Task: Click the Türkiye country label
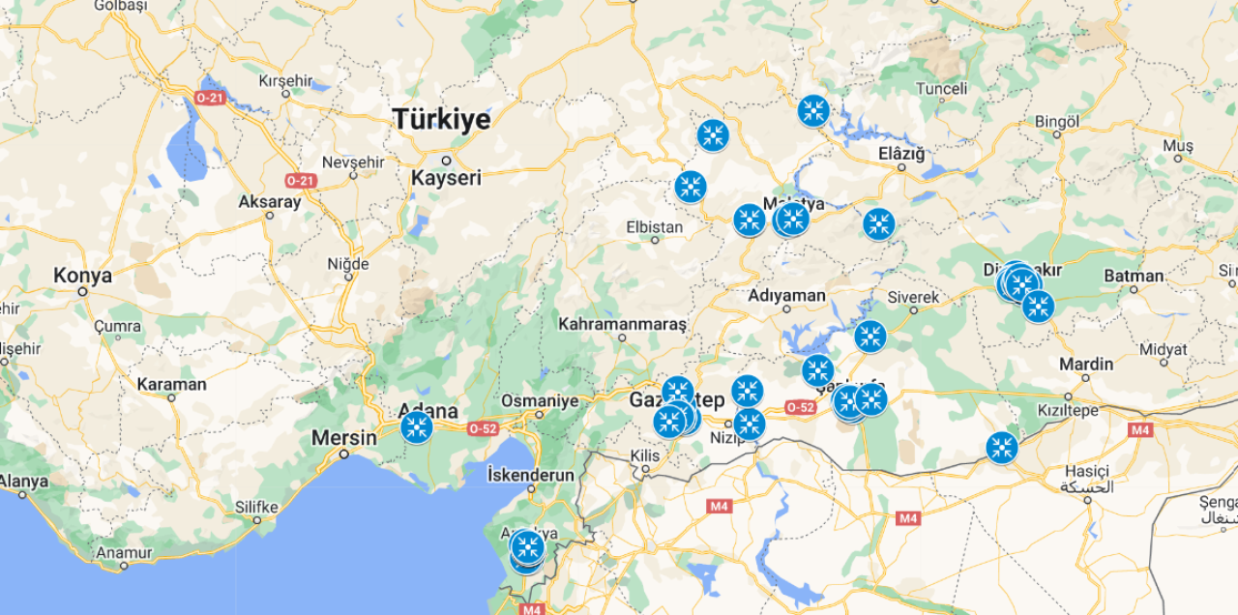(x=441, y=119)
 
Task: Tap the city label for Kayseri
(x=446, y=178)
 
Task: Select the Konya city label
(x=82, y=276)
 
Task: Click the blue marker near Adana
(x=417, y=426)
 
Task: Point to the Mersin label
(x=343, y=438)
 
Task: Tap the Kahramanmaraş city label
(x=622, y=323)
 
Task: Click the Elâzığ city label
(x=901, y=154)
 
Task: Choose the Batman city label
(x=1134, y=276)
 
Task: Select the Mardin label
(x=1086, y=365)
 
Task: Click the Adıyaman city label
(x=786, y=296)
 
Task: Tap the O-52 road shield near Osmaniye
(x=483, y=428)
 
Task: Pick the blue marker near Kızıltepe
(x=1002, y=448)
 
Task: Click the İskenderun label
(x=530, y=475)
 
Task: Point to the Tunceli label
(x=941, y=89)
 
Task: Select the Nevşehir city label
(x=353, y=162)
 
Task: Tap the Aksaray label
(x=270, y=202)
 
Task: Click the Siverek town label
(x=913, y=297)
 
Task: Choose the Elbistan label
(x=655, y=228)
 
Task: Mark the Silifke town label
(x=256, y=507)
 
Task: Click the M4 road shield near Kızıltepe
(x=1140, y=429)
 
